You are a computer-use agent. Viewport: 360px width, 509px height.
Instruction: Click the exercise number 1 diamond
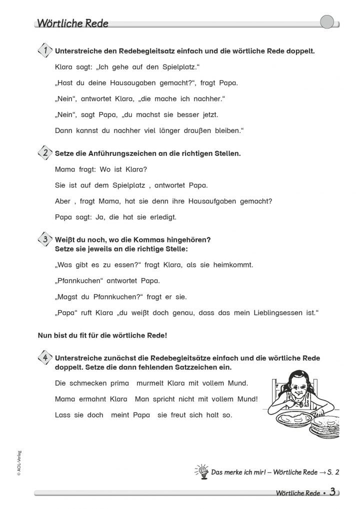tap(45, 50)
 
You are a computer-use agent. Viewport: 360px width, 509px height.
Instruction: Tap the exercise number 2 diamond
tap(45, 153)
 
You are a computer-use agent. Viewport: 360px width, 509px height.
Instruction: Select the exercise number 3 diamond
tap(45, 239)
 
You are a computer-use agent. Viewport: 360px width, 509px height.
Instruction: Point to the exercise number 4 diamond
tap(45, 358)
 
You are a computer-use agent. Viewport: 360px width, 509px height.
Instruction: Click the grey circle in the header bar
tap(326, 22)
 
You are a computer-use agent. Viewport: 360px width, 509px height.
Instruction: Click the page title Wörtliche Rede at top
tap(72, 23)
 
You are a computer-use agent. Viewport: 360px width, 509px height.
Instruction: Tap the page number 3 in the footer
tap(332, 491)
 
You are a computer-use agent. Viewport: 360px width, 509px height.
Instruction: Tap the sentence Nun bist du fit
tap(102, 335)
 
